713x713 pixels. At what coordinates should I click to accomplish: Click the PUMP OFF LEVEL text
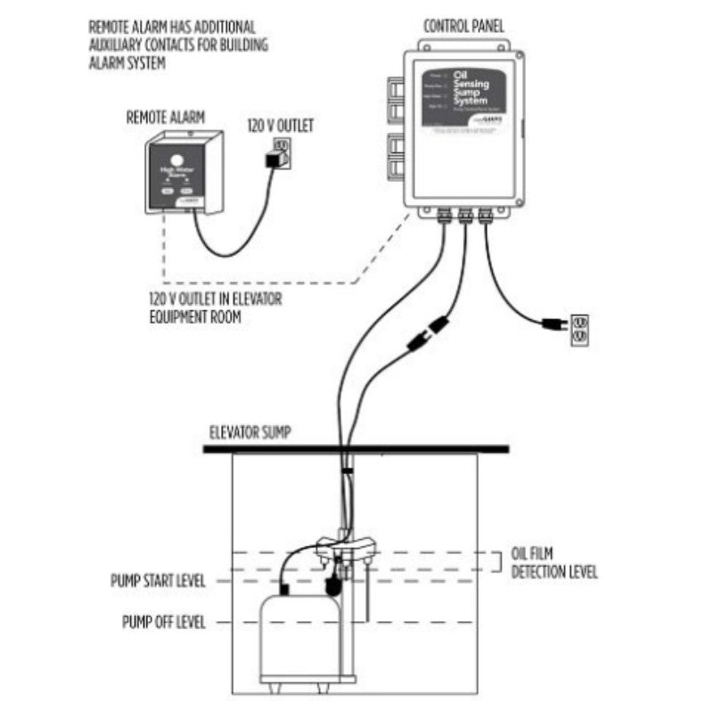tap(163, 621)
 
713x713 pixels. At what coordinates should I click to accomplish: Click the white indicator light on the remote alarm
tap(172, 161)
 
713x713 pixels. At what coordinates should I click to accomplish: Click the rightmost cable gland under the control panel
tap(486, 215)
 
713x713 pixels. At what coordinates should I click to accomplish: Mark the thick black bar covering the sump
tap(356, 448)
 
